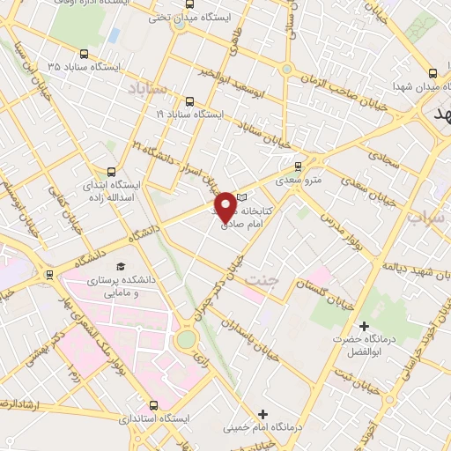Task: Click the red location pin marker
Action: pos(228,206)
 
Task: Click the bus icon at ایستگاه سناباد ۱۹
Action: pos(190,101)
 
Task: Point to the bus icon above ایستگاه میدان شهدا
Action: pos(432,74)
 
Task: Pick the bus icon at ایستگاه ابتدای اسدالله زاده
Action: pos(110,172)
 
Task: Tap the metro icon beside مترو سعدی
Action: pos(298,165)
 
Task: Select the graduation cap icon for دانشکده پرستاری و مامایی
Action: pos(120,267)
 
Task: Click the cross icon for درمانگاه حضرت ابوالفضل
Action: pos(364,326)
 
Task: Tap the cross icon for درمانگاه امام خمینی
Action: pos(262,414)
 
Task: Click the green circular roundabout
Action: pos(186,338)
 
